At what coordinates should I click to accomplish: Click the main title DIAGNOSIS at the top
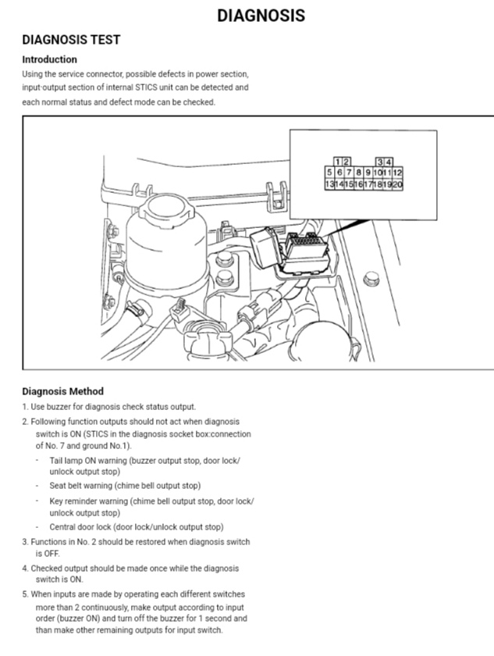pos(261,15)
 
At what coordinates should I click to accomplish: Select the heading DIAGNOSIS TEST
pos(71,39)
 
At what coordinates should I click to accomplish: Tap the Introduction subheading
pos(49,59)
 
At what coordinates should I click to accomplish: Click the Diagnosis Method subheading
pos(62,391)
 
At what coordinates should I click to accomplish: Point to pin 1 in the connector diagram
pos(336,161)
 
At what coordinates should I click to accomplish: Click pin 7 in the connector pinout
pos(349,172)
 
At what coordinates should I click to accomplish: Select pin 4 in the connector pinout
pos(388,161)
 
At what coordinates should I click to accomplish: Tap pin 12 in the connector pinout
pos(397,172)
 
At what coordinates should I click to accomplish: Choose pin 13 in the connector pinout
pos(329,184)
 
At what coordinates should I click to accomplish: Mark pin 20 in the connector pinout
pos(397,184)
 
